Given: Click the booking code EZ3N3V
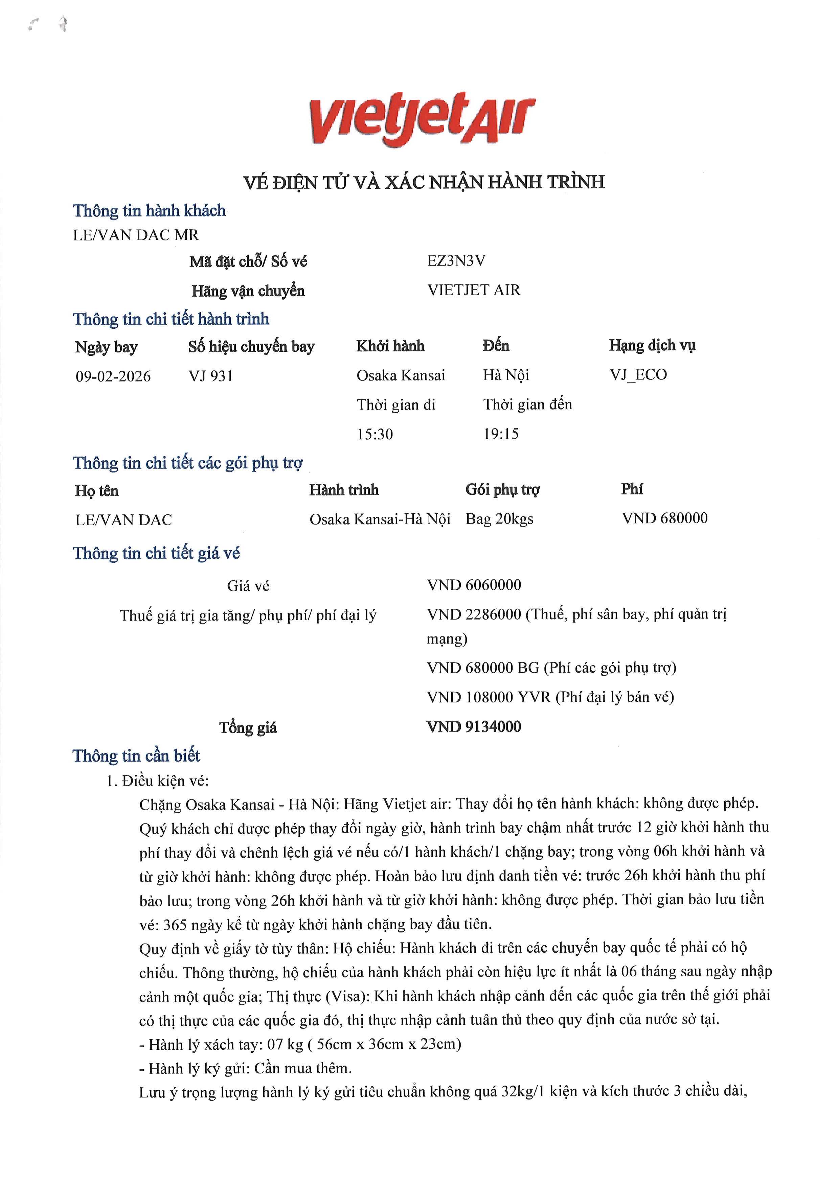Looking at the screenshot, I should pos(456,261).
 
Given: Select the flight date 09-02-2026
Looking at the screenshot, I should pos(113,376).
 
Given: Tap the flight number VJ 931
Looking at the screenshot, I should pos(211,376).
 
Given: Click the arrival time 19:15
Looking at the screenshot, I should pos(501,434).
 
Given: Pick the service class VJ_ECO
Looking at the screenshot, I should pos(638,374).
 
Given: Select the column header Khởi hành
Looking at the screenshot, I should pos(390,346).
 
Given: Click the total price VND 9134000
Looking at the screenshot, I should pos(474,727).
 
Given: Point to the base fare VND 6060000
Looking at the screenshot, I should pos(474,585).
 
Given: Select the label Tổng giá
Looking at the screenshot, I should pos(248,728).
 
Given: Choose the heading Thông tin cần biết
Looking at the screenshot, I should pos(136,756).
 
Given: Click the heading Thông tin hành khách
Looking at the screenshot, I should pos(149,211).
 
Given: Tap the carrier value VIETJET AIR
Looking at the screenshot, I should pos(474,290).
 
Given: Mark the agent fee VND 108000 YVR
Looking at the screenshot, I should pos(489,697).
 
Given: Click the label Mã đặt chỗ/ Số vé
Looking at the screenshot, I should pos(248,262).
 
